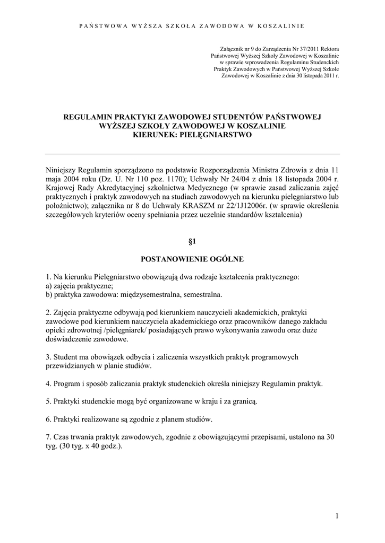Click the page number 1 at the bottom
(x=337, y=515)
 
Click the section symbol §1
(x=192, y=242)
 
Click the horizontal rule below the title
(x=192, y=154)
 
